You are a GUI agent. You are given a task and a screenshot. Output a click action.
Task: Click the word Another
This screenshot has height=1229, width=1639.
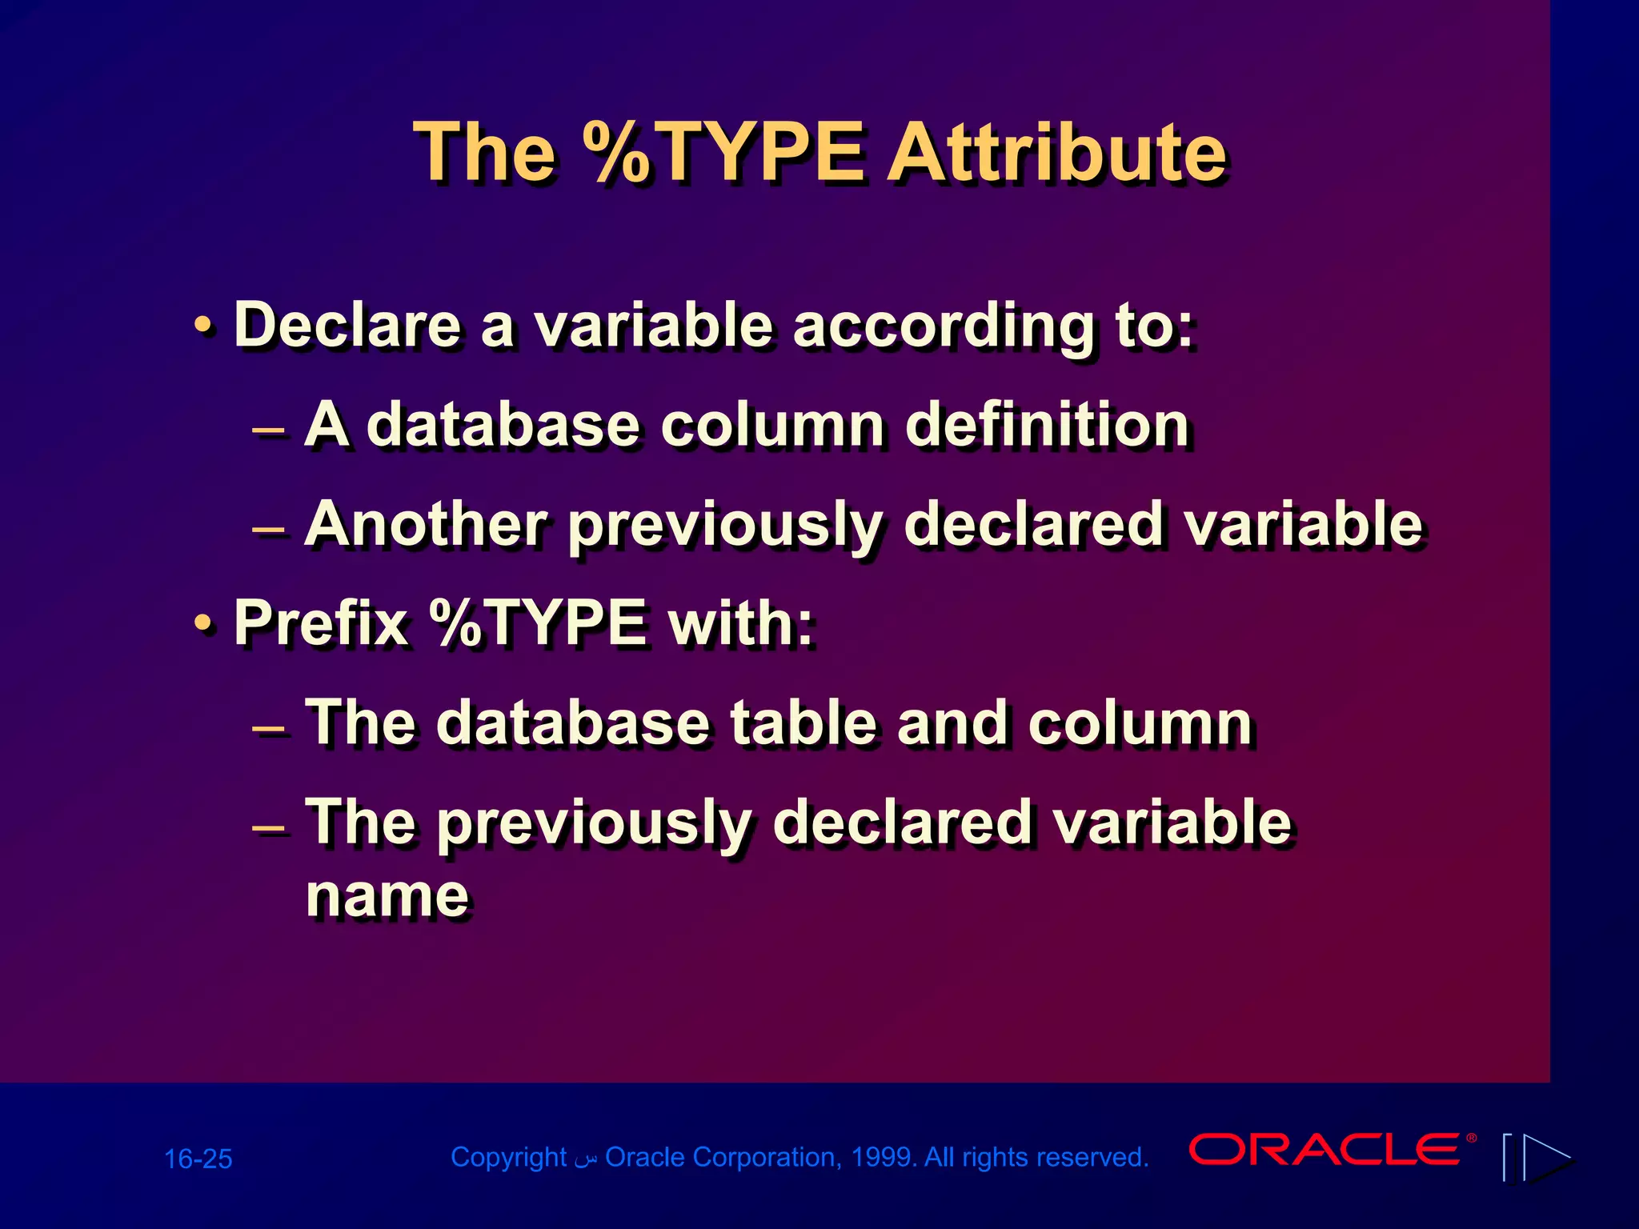pos(426,524)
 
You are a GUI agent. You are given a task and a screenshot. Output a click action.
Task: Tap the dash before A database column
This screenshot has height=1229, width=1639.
pos(268,430)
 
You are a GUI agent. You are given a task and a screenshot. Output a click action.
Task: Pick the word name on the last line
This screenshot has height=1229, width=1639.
pos(387,895)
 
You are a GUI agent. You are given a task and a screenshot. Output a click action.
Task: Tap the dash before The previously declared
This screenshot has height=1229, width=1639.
pos(268,827)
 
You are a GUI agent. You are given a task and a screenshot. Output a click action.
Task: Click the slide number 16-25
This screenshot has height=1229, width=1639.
pos(198,1159)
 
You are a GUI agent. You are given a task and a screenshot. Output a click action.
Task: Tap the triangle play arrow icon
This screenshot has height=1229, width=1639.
pos(1546,1157)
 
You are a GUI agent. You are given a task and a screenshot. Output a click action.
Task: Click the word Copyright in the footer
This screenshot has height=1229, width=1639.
pos(508,1157)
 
